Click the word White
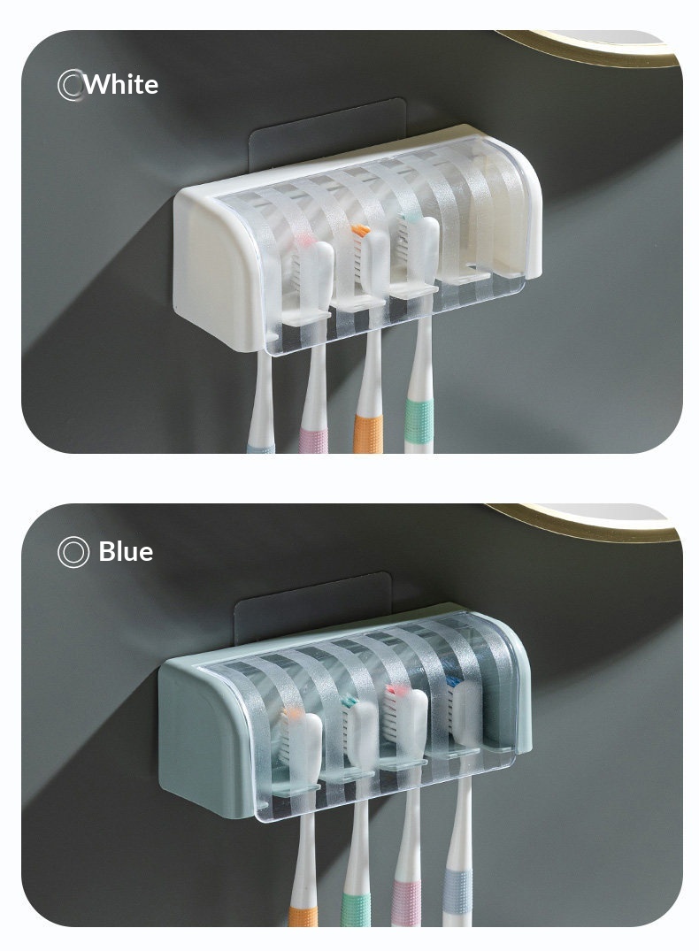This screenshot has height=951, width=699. point(121,84)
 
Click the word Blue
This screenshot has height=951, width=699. point(126,551)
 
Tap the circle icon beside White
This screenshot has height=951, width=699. point(71,85)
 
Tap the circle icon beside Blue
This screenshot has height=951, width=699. point(73,552)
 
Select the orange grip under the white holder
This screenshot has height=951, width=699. point(369,433)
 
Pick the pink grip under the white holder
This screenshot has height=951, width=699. point(314,441)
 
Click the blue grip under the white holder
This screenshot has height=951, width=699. point(260,449)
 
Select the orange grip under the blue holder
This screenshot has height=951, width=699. point(303,916)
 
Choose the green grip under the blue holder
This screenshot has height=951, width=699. point(356,908)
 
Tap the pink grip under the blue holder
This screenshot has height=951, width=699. point(406,902)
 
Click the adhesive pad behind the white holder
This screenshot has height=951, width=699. point(327,134)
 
